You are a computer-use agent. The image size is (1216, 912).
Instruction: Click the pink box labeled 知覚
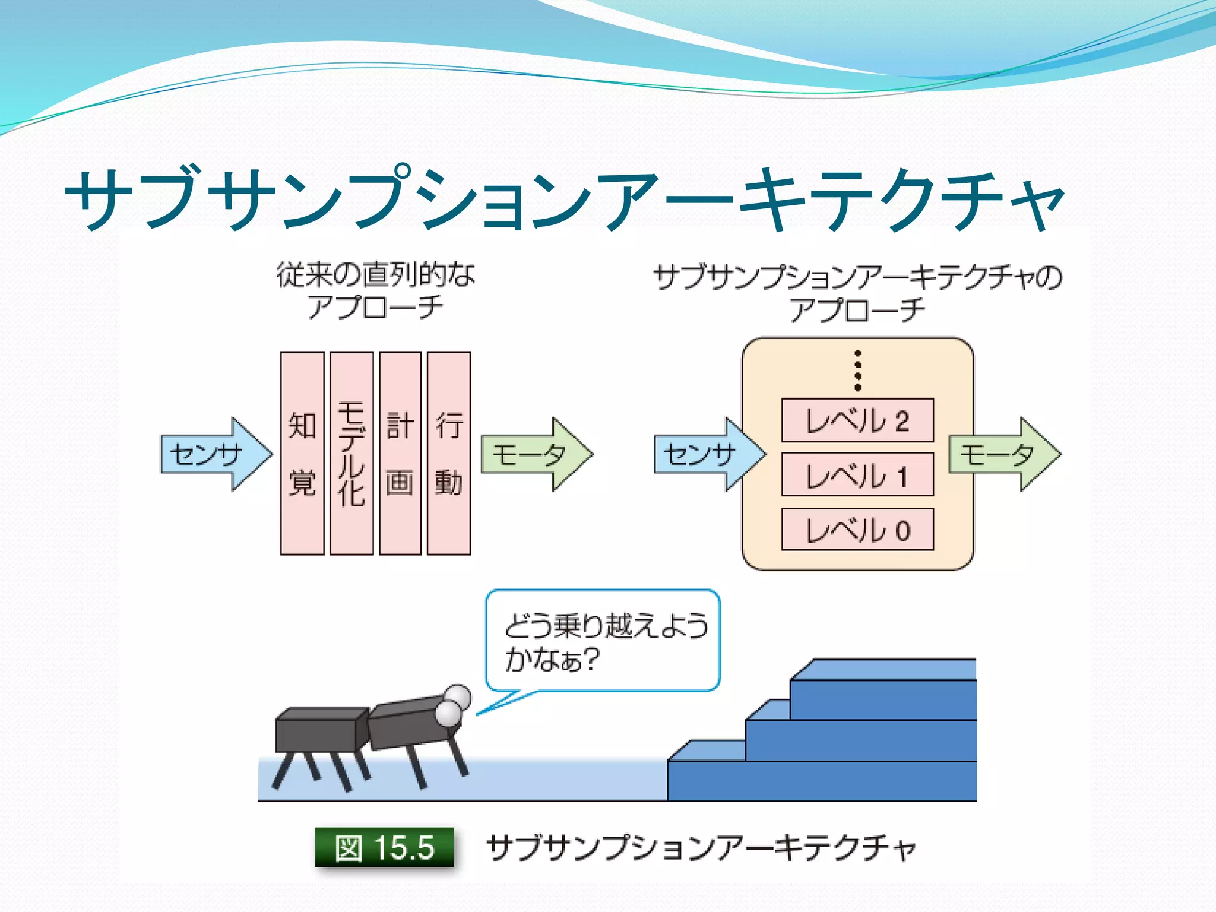tap(302, 454)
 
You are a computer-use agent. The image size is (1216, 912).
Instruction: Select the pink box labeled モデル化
tap(351, 454)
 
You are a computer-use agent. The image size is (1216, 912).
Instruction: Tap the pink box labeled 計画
tap(400, 454)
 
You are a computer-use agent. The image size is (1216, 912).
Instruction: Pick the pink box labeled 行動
tap(449, 454)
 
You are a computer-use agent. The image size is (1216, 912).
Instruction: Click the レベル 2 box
tap(857, 420)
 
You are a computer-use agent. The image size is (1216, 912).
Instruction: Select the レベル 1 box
tap(857, 474)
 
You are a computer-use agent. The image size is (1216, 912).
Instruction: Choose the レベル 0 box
tap(857, 529)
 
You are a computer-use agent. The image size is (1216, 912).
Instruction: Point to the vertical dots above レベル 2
tap(857, 370)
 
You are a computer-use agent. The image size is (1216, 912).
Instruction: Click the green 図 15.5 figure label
tap(385, 847)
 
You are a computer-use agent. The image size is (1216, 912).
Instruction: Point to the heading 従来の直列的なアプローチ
tap(375, 291)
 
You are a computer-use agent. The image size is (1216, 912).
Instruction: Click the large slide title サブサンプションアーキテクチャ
tap(564, 199)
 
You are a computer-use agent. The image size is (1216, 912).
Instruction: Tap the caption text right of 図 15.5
tap(701, 847)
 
